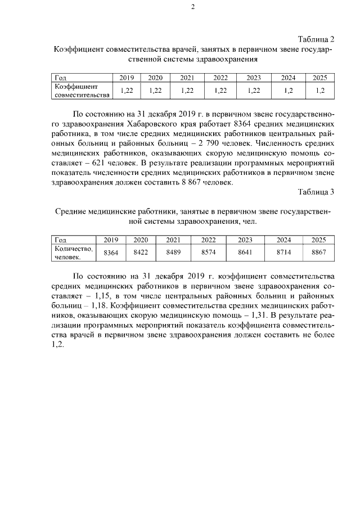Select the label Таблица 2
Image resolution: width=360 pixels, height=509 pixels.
coord(316,39)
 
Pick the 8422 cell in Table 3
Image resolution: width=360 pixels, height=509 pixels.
coord(141,253)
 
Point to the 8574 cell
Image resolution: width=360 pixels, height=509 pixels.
coord(208,253)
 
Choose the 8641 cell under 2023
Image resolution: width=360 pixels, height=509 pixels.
coord(245,253)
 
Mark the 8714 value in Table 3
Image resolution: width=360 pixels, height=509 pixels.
coord(283,253)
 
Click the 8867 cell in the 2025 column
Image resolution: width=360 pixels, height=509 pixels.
coord(319,253)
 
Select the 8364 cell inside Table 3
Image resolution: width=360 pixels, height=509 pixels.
coord(111,253)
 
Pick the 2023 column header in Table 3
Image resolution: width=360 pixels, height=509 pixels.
coord(245,239)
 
